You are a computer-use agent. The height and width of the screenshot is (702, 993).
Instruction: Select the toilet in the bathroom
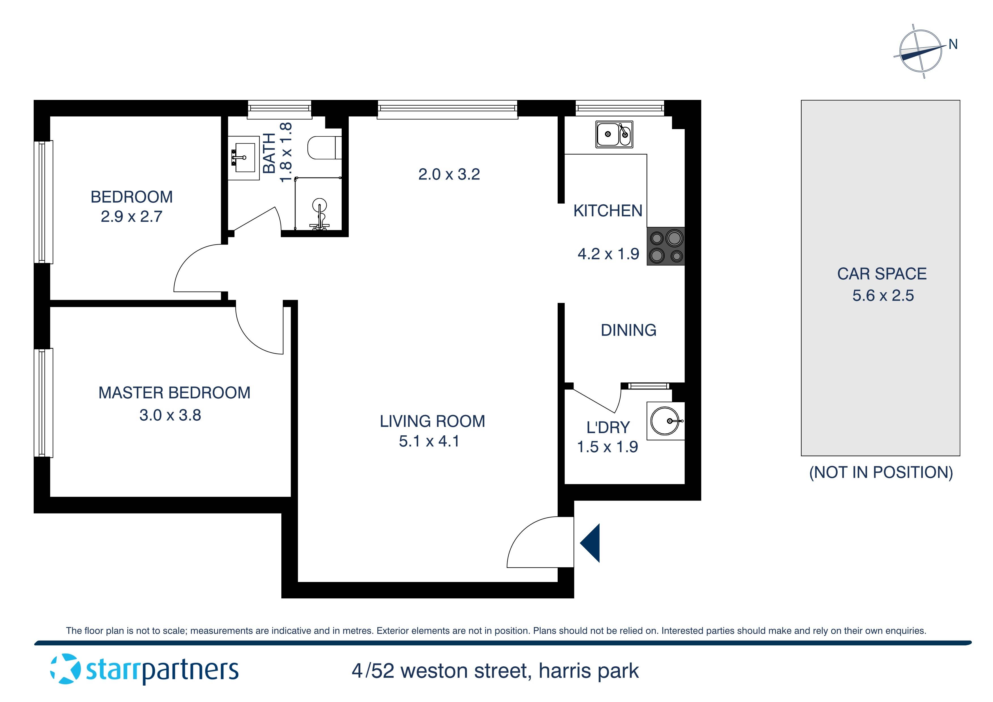click(x=324, y=148)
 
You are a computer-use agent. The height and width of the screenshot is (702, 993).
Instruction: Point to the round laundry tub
click(x=665, y=420)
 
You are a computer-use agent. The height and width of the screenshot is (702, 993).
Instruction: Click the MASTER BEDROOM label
click(x=174, y=393)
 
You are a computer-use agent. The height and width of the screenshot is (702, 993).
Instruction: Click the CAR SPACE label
click(x=882, y=274)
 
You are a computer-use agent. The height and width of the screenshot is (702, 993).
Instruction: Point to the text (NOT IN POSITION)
click(x=881, y=472)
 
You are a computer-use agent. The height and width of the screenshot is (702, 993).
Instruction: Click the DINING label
click(x=628, y=330)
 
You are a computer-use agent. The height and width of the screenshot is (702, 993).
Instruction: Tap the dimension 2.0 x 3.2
click(x=449, y=174)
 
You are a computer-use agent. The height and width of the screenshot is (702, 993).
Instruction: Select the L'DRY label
click(x=608, y=427)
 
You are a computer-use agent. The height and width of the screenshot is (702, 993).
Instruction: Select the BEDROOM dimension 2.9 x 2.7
click(x=131, y=216)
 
